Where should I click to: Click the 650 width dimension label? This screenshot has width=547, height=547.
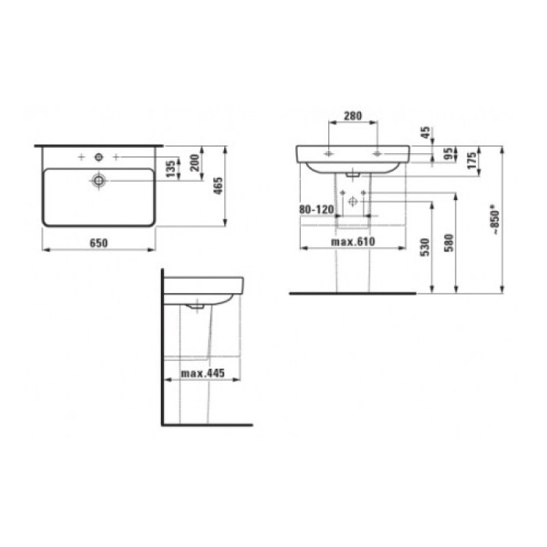97,243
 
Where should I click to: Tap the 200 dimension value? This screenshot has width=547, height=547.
195,165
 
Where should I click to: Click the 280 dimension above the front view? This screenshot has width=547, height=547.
353,116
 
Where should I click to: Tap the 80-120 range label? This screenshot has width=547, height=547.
316,209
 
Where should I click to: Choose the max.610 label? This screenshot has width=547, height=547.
353,241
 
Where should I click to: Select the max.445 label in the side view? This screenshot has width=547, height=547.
202,374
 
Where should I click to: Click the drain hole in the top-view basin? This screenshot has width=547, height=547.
98,181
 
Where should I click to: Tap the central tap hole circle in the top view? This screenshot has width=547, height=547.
98,157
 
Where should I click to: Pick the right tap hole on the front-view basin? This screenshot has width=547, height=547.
378,154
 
